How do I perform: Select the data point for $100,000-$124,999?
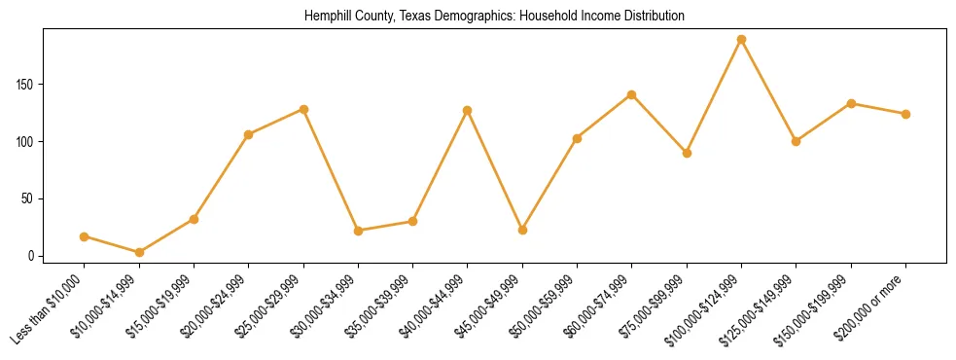pos(741,40)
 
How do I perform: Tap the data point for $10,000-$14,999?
pos(139,252)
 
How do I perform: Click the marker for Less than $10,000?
pos(85,236)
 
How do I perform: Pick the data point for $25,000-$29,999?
pos(303,109)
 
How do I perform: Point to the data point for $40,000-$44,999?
pos(468,110)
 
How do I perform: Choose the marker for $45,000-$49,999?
pos(522,231)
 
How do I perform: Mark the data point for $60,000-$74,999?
pos(632,94)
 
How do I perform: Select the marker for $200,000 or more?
pos(905,114)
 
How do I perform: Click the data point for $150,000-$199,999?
pos(851,103)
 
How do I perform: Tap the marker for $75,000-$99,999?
pos(687,153)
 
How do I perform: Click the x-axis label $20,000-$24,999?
pos(217,306)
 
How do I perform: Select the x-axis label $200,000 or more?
pos(873,305)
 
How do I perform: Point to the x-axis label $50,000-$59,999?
pos(545,306)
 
